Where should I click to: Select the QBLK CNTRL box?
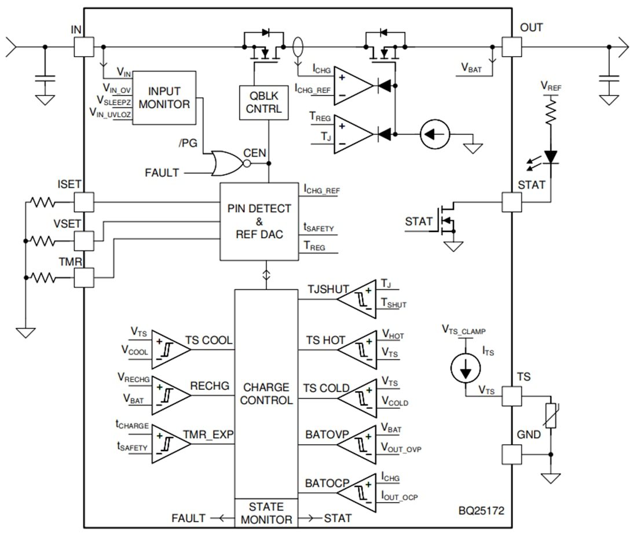pyautogui.click(x=264, y=102)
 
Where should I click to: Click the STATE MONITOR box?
pyautogui.click(x=266, y=513)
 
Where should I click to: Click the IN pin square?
pyautogui.click(x=84, y=46)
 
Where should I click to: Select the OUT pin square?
pyautogui.click(x=511, y=46)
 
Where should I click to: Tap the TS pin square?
pyautogui.click(x=511, y=396)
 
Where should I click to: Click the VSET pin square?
pyautogui.click(x=84, y=239)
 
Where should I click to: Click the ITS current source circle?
pyautogui.click(x=466, y=368)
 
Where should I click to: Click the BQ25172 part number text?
pyautogui.click(x=482, y=512)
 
